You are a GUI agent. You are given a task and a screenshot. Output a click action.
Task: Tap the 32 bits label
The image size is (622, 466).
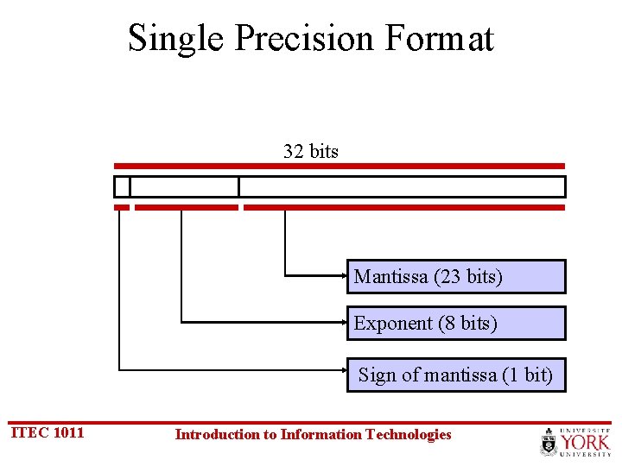tap(311, 152)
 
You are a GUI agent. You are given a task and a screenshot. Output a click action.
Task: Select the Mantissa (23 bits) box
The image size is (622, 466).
tap(456, 277)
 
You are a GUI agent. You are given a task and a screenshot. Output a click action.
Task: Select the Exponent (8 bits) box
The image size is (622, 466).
tap(456, 324)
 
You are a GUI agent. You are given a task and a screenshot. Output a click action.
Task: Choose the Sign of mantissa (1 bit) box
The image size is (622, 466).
tap(456, 375)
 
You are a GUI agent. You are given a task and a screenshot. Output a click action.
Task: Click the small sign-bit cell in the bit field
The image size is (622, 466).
tap(122, 186)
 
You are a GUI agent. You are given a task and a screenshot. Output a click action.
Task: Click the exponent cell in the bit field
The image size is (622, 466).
tap(184, 186)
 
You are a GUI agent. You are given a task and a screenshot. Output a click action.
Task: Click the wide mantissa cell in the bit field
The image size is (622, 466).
tap(402, 186)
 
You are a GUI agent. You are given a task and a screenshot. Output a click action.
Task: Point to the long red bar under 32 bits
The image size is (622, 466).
tap(340, 166)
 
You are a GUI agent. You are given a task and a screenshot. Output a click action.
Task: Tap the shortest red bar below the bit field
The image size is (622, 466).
tap(122, 207)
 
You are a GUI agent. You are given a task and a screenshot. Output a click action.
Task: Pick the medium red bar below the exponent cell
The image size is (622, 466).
tap(186, 207)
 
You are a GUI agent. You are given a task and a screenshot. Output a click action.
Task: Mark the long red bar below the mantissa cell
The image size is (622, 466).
tap(404, 207)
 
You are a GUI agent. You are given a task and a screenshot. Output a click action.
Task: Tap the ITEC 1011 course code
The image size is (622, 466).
tap(47, 432)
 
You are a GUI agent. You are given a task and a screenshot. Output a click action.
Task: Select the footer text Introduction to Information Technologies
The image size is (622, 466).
tap(313, 434)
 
